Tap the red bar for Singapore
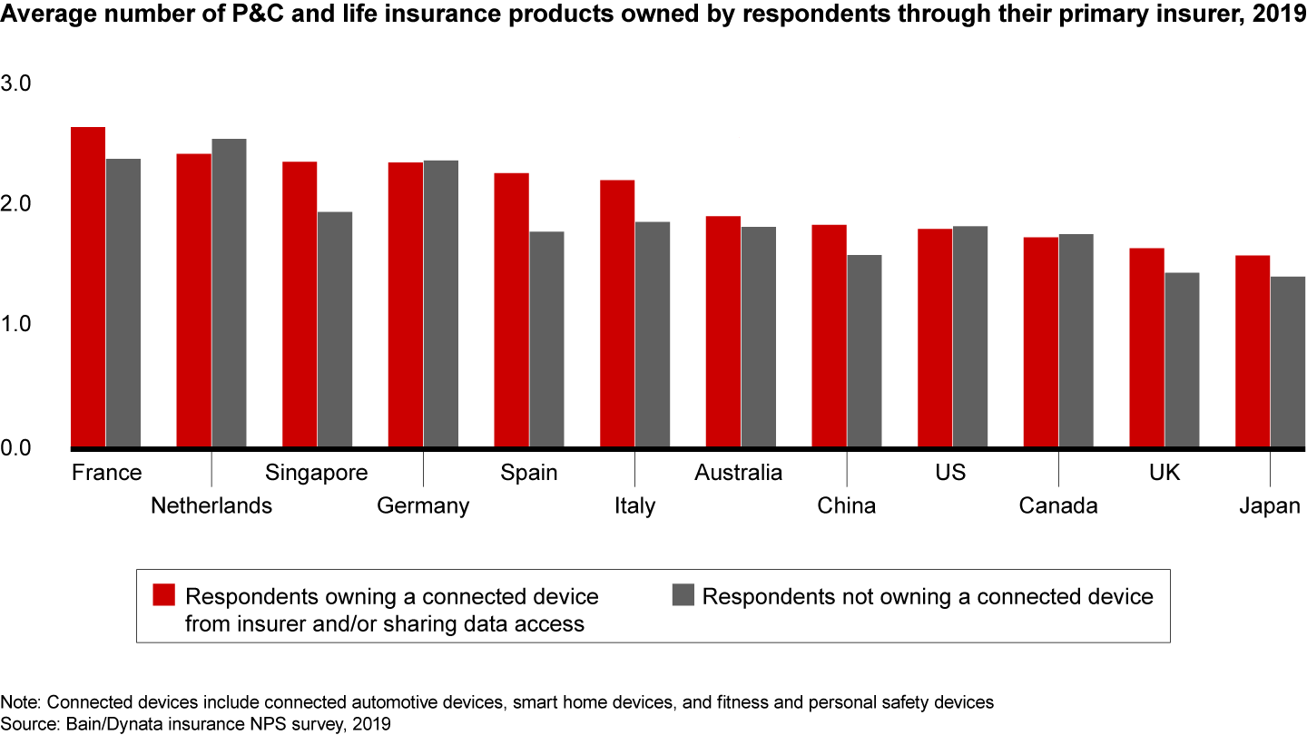(x=300, y=304)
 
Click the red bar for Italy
(x=617, y=313)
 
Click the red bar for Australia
(x=723, y=331)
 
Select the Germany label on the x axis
(x=423, y=505)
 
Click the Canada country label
(x=1058, y=505)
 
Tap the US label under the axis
(x=950, y=473)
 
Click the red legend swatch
(x=163, y=595)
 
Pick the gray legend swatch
(x=683, y=595)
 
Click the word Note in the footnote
(x=16, y=701)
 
